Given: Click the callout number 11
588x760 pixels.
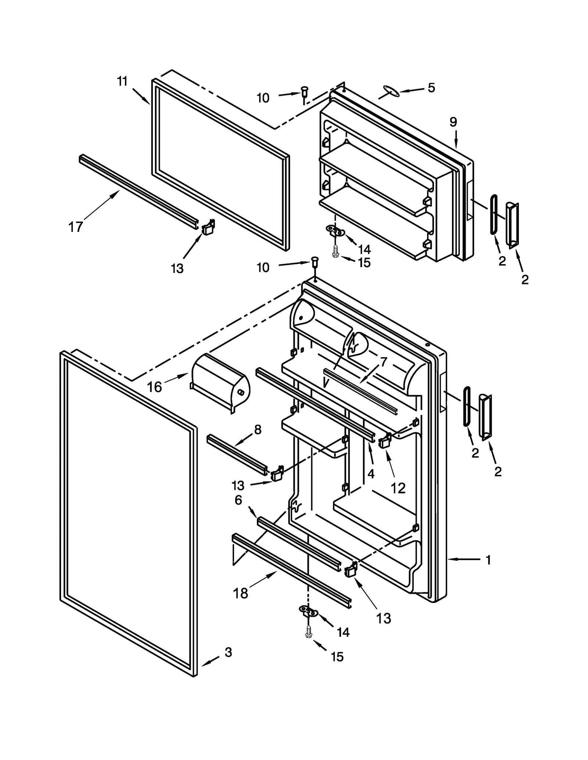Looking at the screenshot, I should [x=122, y=81].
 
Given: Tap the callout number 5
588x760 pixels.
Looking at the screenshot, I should [x=431, y=88].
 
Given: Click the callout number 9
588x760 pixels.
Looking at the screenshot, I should [x=453, y=122].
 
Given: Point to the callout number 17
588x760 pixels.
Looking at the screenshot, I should [x=76, y=227].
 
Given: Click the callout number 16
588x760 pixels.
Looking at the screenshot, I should [x=154, y=387].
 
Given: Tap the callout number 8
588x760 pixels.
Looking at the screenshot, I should [x=258, y=430].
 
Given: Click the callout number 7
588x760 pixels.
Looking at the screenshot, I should [x=383, y=362].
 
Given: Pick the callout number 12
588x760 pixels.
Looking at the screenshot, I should [x=398, y=488].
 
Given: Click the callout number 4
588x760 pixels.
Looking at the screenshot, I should [x=371, y=474].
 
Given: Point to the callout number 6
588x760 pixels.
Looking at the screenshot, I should [x=239, y=500].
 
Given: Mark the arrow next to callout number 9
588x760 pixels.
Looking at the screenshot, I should [x=456, y=140].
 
